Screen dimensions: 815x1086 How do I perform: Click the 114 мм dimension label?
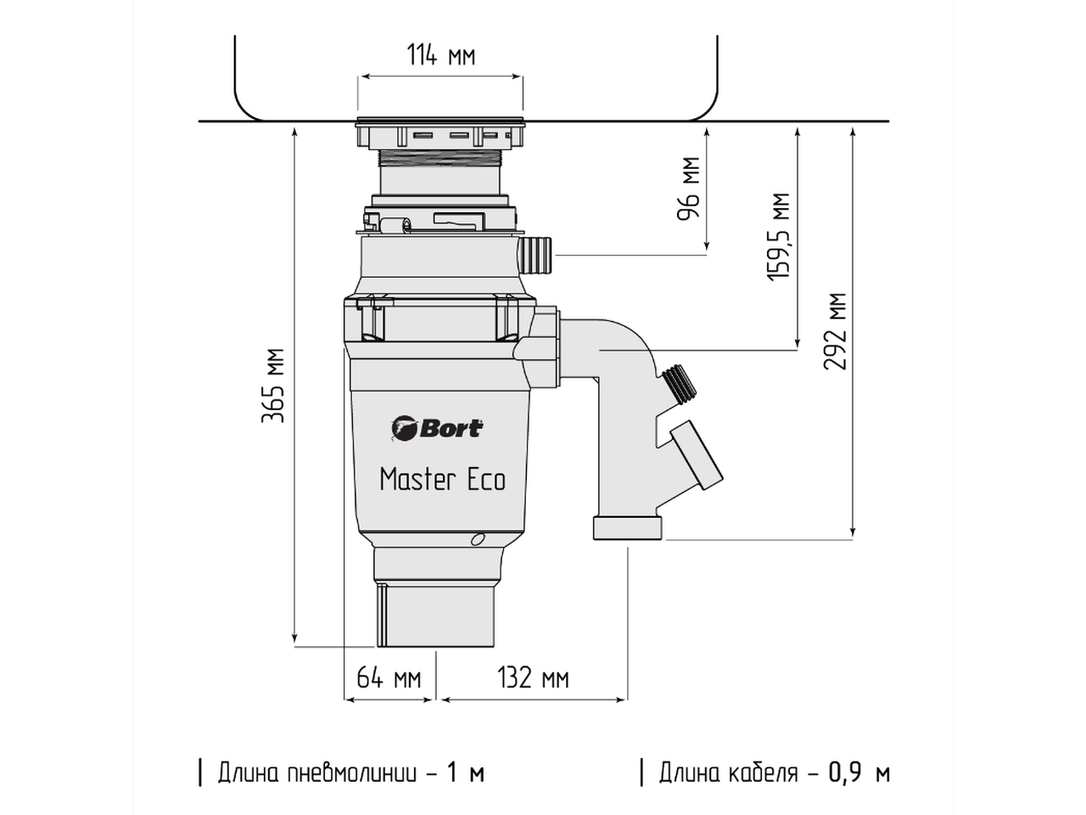[440, 56]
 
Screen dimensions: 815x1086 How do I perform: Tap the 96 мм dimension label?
[689, 188]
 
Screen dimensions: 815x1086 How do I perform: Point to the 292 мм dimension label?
[837, 331]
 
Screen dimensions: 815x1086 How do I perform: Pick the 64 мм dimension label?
[388, 678]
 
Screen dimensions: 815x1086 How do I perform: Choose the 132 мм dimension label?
[533, 678]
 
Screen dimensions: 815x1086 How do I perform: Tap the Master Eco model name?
[442, 480]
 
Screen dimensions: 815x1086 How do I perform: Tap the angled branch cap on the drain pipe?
[697, 458]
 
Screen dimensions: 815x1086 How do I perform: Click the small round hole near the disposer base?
[479, 538]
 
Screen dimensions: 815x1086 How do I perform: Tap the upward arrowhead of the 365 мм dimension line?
[294, 131]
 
